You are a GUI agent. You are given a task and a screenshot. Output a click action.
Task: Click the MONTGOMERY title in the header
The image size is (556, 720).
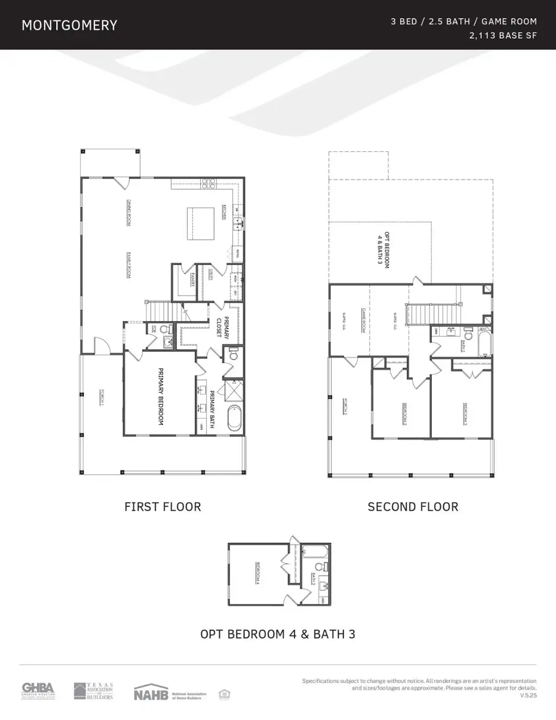69,25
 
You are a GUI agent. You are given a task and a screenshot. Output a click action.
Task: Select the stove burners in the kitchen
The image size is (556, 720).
208,183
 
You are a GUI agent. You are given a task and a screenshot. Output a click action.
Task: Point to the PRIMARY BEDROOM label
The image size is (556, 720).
161,396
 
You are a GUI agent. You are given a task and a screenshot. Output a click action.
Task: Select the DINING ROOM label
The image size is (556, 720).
129,212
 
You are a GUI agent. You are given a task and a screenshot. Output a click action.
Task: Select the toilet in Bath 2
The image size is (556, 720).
467,334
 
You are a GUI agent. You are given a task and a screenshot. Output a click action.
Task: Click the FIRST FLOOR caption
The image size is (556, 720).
162,507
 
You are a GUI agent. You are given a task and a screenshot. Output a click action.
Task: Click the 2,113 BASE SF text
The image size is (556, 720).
503,36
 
